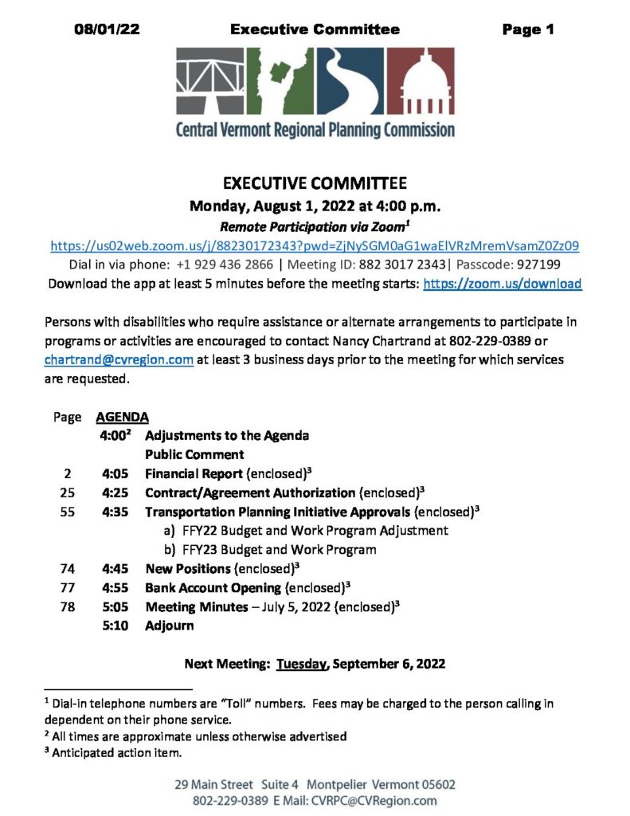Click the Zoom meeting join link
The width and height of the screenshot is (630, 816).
tap(315, 246)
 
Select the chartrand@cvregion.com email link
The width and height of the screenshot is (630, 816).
tap(119, 359)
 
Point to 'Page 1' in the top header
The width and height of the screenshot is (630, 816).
tap(527, 30)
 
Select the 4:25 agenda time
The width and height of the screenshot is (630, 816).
tap(115, 492)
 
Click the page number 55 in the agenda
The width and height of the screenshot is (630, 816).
tap(67, 512)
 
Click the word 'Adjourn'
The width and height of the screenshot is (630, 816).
tap(169, 626)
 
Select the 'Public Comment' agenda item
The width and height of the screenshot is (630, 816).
tap(194, 455)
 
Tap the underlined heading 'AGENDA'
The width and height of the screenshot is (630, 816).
tap(122, 417)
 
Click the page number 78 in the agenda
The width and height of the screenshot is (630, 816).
tap(67, 607)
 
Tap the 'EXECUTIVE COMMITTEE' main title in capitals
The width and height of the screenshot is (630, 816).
tap(315, 184)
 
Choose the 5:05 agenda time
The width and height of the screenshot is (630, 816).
tap(115, 607)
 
